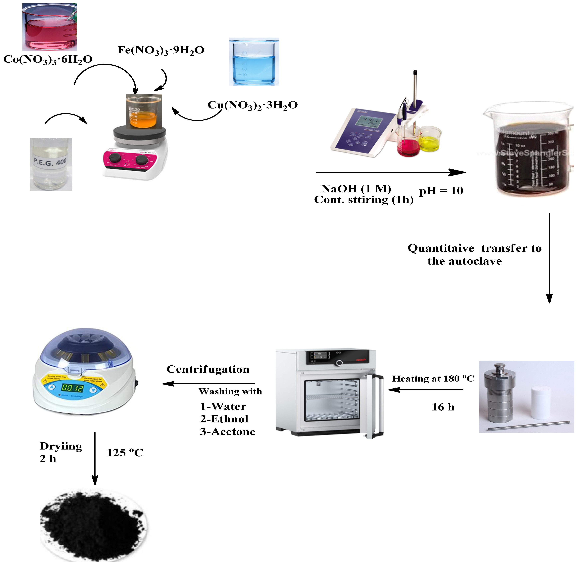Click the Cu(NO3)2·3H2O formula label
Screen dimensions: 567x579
[252, 105]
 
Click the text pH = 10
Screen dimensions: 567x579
[441, 191]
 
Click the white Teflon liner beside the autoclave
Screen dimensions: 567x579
[541, 402]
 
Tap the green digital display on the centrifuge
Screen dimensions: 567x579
[72, 388]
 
